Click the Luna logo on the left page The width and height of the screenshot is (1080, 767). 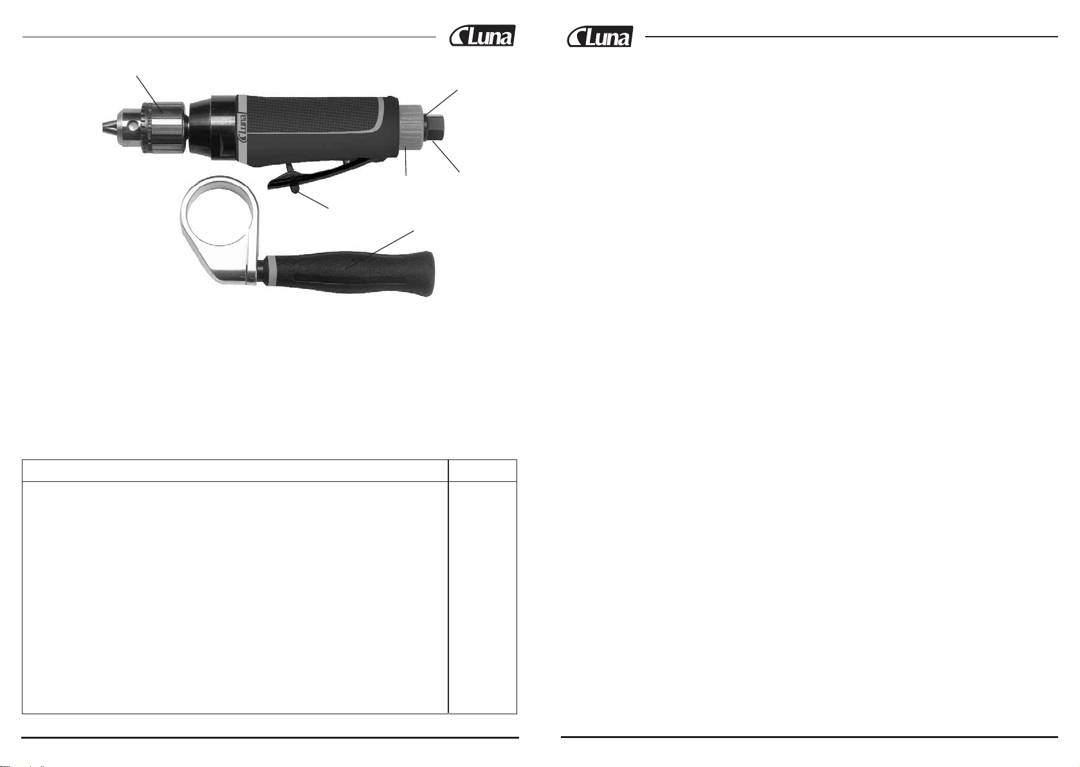pyautogui.click(x=482, y=35)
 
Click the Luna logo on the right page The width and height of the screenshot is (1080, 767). pyautogui.click(x=599, y=36)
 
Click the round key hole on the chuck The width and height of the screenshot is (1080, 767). pyautogui.click(x=132, y=128)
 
